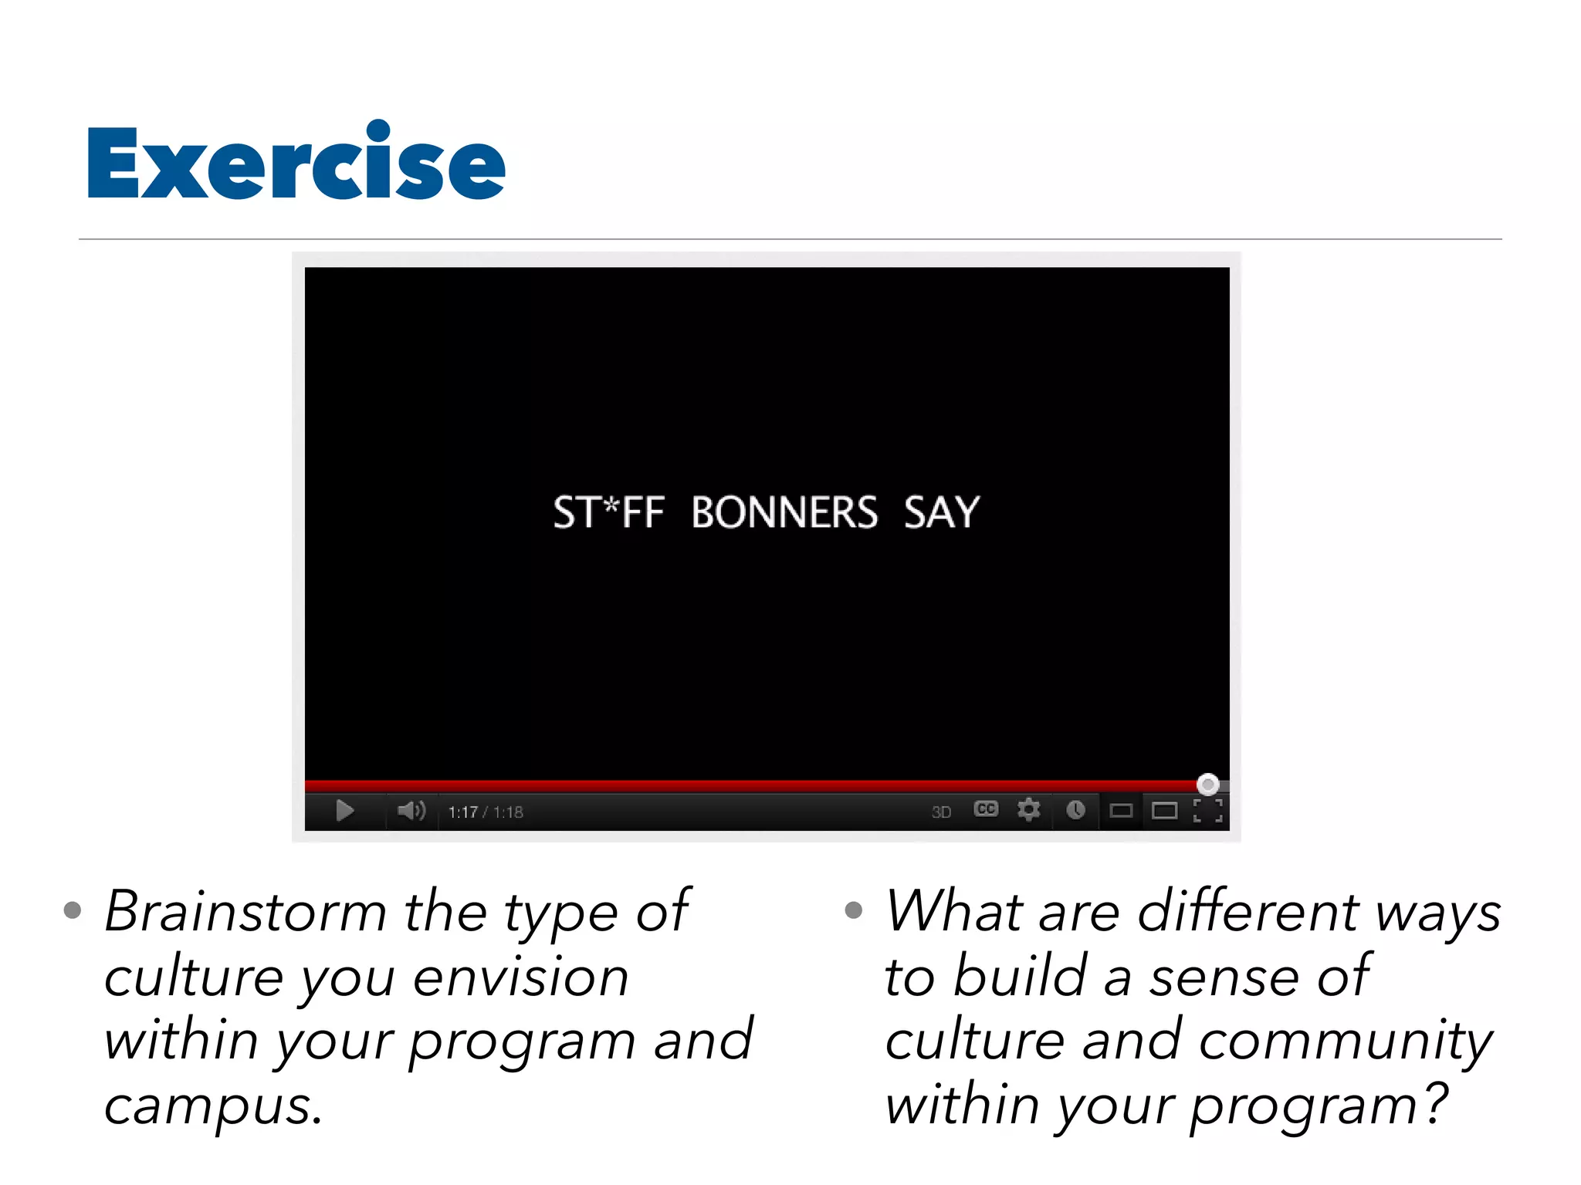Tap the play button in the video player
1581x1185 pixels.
[x=345, y=811]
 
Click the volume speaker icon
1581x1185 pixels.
[x=411, y=810]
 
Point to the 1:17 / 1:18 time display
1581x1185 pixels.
[x=486, y=812]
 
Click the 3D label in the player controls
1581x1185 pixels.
[x=941, y=812]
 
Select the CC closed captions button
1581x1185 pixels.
[x=986, y=809]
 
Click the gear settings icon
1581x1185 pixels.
[x=1028, y=810]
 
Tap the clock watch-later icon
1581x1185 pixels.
[x=1075, y=810]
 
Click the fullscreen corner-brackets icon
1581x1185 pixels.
[x=1207, y=811]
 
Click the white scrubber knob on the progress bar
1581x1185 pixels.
[x=1207, y=785]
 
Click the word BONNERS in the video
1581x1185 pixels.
[x=784, y=513]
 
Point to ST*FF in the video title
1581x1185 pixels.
[x=608, y=513]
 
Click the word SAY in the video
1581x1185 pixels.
[x=941, y=513]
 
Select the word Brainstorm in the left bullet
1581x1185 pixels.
[x=245, y=912]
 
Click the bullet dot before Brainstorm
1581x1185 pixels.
[x=73, y=910]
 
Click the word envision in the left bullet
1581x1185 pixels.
[x=521, y=977]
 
